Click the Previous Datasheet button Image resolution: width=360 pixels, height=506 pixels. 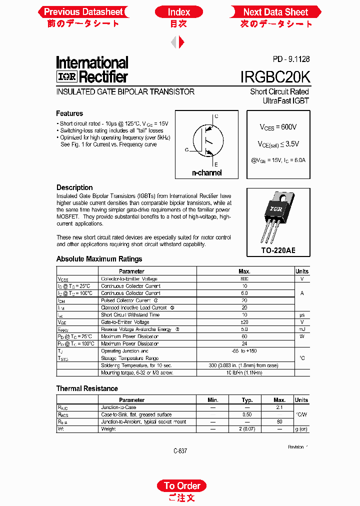click(83, 12)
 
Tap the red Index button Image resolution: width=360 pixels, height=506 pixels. click(178, 12)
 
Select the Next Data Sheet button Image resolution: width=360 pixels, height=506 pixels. click(275, 12)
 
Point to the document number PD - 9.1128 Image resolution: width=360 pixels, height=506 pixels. click(291, 59)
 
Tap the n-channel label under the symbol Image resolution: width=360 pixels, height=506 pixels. click(207, 173)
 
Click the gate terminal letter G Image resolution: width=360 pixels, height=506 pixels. click(186, 149)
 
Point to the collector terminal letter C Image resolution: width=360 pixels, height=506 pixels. click(216, 116)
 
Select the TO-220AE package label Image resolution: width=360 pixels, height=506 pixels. click(278, 249)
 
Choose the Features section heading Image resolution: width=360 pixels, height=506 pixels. click(69, 113)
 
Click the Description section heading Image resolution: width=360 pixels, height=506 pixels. click(74, 187)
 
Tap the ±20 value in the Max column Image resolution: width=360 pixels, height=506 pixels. click(244, 322)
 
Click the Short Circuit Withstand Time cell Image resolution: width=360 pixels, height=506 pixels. click(130, 315)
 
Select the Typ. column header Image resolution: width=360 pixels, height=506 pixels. click(247, 400)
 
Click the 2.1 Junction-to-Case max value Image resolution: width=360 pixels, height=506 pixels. click(279, 407)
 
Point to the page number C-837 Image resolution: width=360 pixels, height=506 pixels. click(180, 450)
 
